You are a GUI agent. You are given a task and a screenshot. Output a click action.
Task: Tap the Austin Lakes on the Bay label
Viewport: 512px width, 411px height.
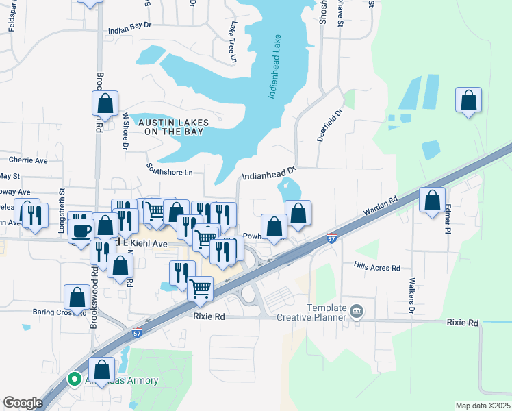[171, 127]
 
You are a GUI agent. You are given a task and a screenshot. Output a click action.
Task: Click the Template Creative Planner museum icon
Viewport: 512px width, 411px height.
[356, 312]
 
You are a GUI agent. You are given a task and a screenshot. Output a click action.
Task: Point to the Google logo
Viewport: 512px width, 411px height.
[23, 403]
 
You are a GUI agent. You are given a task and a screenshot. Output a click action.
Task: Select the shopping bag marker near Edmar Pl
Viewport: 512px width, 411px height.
[432, 201]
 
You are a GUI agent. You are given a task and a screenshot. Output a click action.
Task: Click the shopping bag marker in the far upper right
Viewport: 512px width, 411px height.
[469, 101]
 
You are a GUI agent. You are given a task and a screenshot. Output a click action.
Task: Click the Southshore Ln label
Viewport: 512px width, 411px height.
[169, 169]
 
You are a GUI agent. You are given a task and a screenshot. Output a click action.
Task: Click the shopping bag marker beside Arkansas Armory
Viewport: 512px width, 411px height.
[101, 371]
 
